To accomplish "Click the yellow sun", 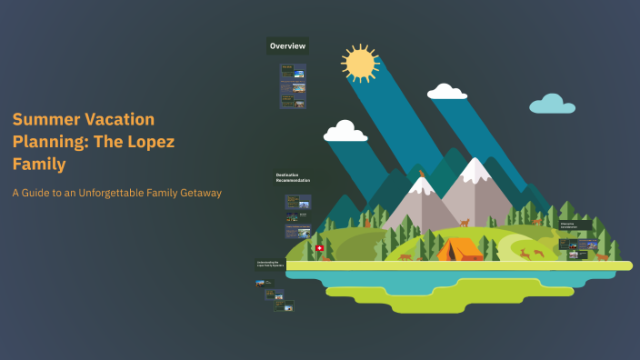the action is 359,63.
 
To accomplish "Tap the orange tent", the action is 460,248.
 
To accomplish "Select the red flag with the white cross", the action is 319,247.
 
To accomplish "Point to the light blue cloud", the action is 552,105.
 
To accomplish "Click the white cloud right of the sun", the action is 446,92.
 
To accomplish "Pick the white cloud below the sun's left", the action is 345,132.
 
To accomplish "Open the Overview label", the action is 287,45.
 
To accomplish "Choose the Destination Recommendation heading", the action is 293,177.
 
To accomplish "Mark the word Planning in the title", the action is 45,142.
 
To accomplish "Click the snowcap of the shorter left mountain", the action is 420,187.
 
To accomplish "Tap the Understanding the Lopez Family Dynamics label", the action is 270,265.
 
